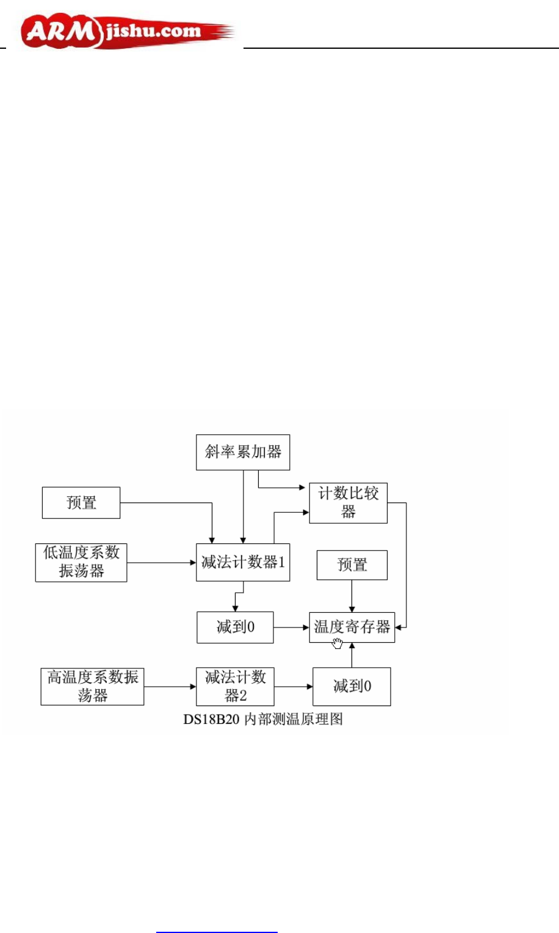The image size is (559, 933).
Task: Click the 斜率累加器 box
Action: pyautogui.click(x=242, y=452)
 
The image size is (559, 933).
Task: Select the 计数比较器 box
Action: pyautogui.click(x=348, y=503)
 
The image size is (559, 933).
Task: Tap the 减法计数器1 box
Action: pyautogui.click(x=242, y=562)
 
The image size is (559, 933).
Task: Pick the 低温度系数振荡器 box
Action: pyautogui.click(x=81, y=562)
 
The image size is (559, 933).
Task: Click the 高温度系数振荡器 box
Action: pyautogui.click(x=92, y=687)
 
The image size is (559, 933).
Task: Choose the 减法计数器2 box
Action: pyautogui.click(x=235, y=687)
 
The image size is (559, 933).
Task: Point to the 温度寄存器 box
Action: pyautogui.click(x=352, y=627)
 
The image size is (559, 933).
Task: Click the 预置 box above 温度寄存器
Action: pyautogui.click(x=352, y=565)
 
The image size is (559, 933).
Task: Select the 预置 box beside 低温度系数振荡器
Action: pyautogui.click(x=81, y=502)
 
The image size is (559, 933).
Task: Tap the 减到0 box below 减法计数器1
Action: pyautogui.click(x=235, y=627)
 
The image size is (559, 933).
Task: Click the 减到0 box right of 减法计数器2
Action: pyautogui.click(x=352, y=687)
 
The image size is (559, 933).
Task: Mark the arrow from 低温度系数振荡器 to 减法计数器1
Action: pyautogui.click(x=161, y=562)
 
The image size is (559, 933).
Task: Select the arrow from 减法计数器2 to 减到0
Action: pyautogui.click(x=293, y=687)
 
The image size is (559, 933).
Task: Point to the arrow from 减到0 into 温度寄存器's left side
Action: pyautogui.click(x=291, y=627)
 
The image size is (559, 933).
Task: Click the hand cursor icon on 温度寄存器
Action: pyautogui.click(x=337, y=643)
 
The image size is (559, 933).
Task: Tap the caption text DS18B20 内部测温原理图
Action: pyautogui.click(x=263, y=720)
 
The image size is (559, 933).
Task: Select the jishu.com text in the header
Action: pyautogui.click(x=153, y=30)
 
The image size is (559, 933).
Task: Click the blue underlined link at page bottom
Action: pyautogui.click(x=217, y=931)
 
